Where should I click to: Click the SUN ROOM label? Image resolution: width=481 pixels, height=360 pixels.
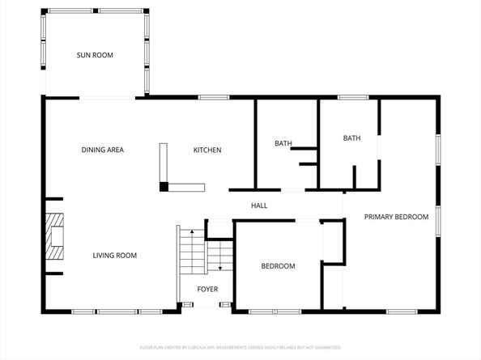95,55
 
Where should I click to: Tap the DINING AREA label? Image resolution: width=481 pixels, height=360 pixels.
102,150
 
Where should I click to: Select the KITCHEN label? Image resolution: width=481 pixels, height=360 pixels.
206,150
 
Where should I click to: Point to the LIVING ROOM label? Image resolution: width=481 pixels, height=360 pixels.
114,256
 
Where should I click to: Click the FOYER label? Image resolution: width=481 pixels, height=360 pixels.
208,288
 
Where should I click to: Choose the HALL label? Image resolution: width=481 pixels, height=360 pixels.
259,205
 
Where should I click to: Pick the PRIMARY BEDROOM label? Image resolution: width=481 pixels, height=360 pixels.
395,217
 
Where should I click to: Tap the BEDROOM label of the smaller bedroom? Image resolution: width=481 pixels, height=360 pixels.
278,266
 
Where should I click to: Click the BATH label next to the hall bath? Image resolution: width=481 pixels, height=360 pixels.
283,144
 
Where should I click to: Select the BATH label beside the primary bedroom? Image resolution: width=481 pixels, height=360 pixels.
351,138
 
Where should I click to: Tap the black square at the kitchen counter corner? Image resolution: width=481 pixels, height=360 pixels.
164,187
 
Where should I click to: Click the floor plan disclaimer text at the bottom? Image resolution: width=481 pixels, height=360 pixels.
240,347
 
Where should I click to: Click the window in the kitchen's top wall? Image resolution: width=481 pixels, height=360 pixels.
213,98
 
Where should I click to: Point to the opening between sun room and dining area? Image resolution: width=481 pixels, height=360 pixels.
107,98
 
